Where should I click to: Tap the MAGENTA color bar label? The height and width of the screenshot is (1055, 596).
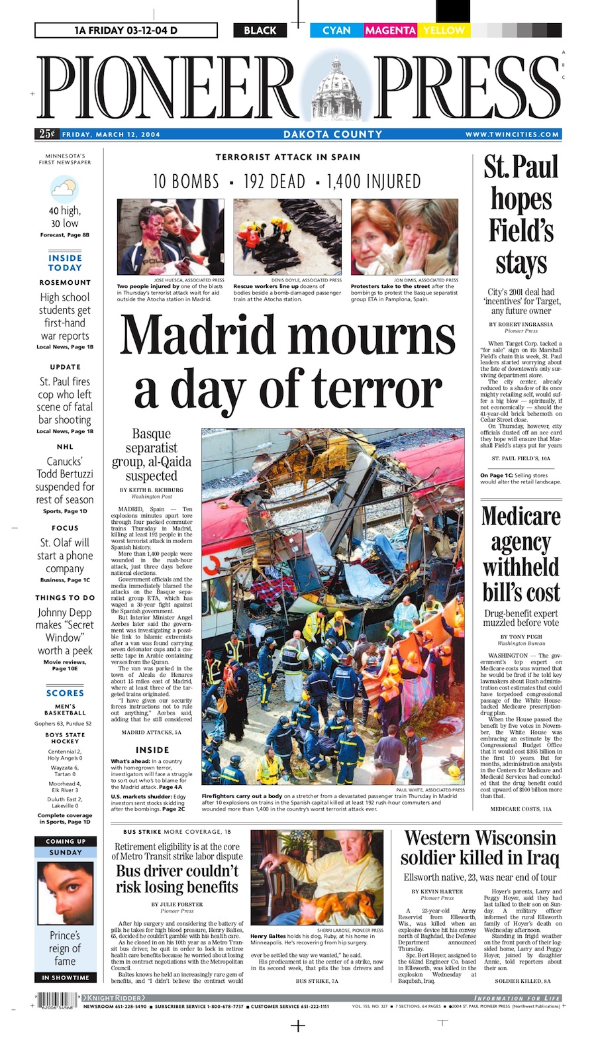click(x=390, y=30)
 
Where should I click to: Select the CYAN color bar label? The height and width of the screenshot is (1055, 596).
click(x=336, y=30)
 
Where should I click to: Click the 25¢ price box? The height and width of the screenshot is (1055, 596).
click(x=46, y=134)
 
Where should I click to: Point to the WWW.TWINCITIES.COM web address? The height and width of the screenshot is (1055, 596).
click(x=512, y=134)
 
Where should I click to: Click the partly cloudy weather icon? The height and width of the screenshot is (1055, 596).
click(x=64, y=189)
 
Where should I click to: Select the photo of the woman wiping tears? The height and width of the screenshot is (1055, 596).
click(x=405, y=236)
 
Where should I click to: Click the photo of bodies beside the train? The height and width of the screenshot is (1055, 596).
click(x=287, y=236)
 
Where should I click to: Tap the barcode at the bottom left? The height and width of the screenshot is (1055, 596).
click(x=56, y=1000)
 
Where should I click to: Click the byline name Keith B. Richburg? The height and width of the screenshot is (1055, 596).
click(x=151, y=490)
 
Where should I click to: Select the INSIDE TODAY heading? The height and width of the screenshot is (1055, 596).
click(x=65, y=263)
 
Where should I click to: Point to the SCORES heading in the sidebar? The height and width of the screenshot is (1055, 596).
click(x=65, y=693)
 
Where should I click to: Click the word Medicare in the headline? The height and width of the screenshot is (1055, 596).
click(x=521, y=516)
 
